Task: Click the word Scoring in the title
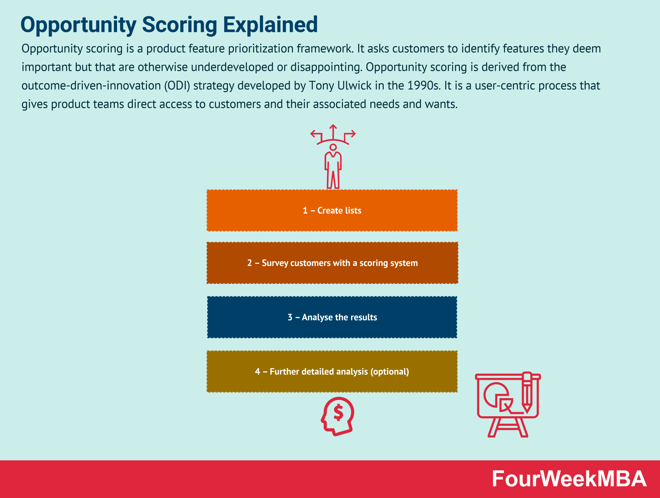pyautogui.click(x=179, y=25)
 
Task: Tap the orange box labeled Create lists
pyautogui.click(x=332, y=210)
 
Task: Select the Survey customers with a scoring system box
pyautogui.click(x=332, y=263)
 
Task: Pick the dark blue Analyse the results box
pyautogui.click(x=332, y=317)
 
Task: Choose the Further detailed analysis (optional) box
pyautogui.click(x=332, y=371)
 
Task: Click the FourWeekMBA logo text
pyautogui.click(x=569, y=479)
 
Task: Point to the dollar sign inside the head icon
pyautogui.click(x=338, y=412)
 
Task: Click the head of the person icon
pyautogui.click(x=333, y=147)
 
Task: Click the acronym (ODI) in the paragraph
pyautogui.click(x=177, y=86)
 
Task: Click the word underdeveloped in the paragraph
pyautogui.click(x=232, y=67)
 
